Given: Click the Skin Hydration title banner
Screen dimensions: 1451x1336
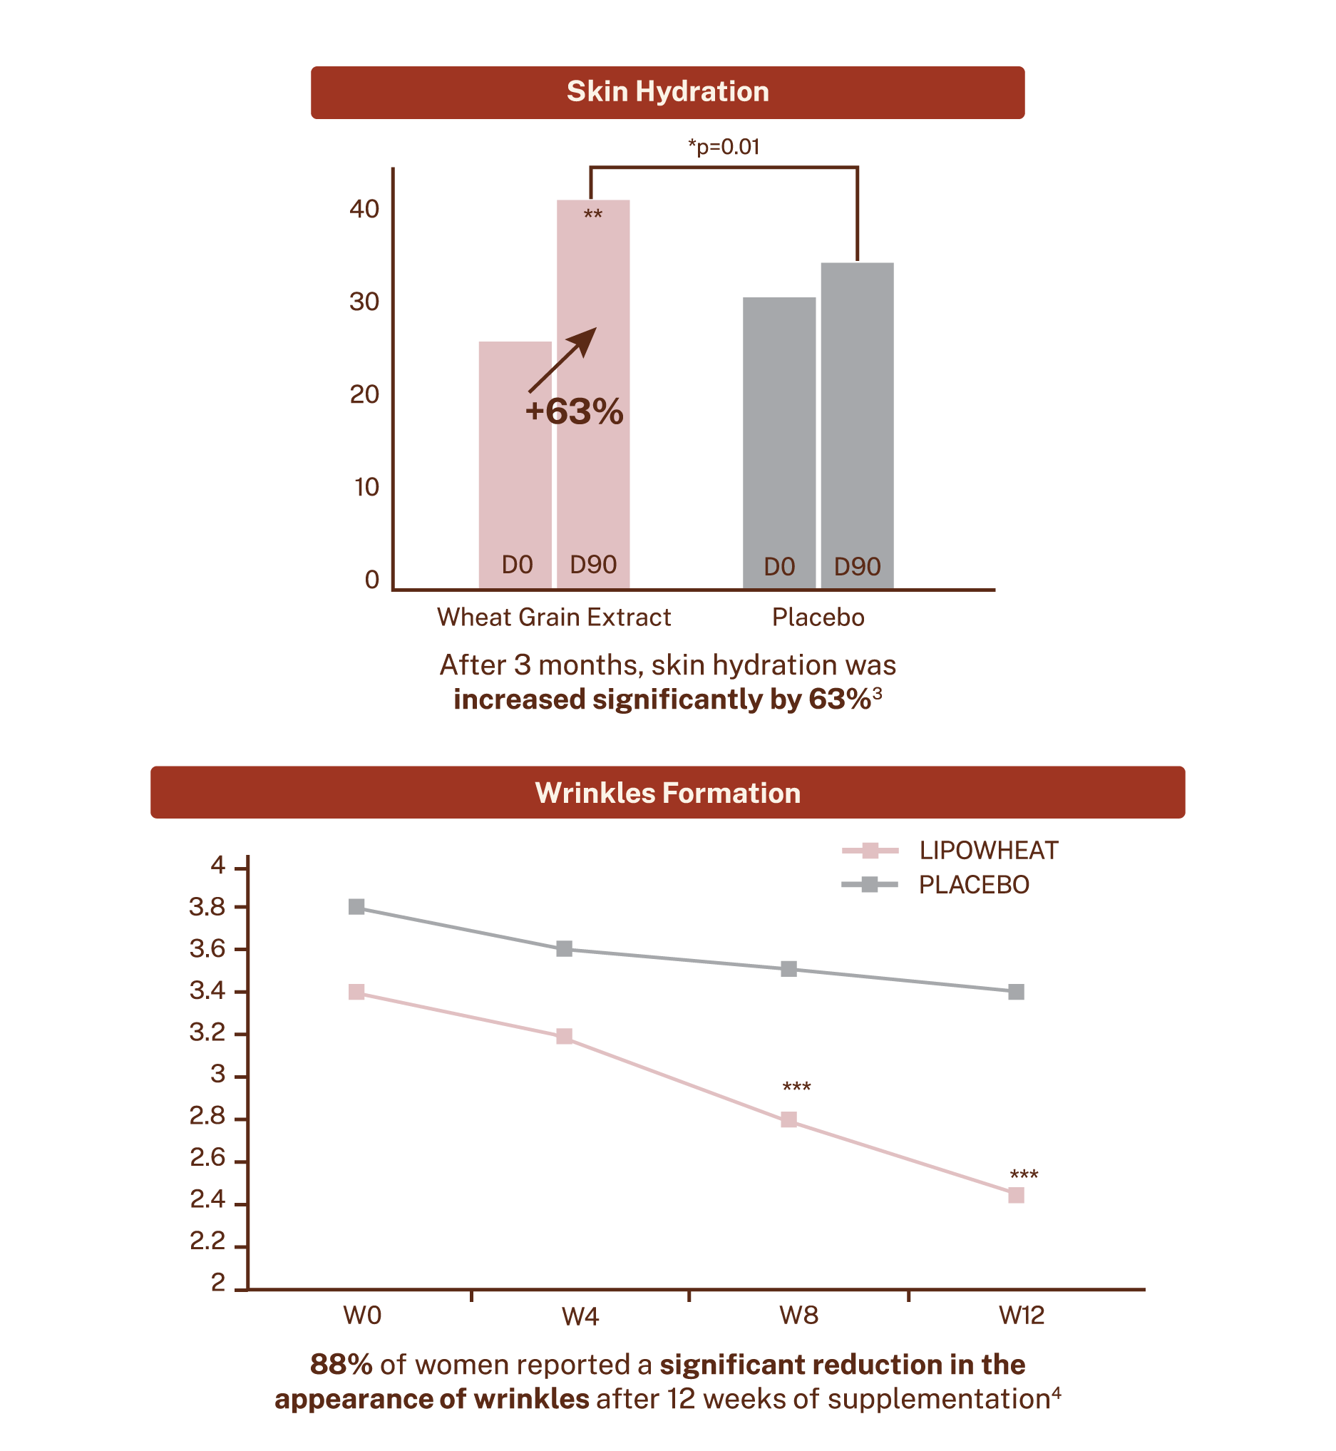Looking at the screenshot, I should click(667, 93).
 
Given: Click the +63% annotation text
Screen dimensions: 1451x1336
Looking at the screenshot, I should click(574, 411).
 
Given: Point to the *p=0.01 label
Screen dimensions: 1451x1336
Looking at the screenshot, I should click(723, 148).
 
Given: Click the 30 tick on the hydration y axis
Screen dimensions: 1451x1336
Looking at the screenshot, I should click(364, 302).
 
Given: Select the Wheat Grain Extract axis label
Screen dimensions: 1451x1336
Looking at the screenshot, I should click(554, 617).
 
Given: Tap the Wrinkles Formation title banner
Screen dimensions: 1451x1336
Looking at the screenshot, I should click(667, 792).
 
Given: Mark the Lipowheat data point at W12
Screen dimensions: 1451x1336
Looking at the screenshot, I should click(1016, 1195).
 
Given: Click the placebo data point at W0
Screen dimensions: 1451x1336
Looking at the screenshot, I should click(356, 906).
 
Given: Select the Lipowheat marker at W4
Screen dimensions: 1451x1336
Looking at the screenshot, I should click(565, 1036).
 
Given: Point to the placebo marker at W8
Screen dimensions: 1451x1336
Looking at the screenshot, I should click(788, 968).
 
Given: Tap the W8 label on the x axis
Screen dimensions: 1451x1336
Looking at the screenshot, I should click(799, 1315).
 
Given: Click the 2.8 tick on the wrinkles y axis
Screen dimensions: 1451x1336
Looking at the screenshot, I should click(208, 1117).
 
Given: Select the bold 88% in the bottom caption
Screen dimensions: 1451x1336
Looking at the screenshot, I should click(341, 1364).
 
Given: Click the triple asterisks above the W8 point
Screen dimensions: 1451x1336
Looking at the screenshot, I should click(797, 1087).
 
